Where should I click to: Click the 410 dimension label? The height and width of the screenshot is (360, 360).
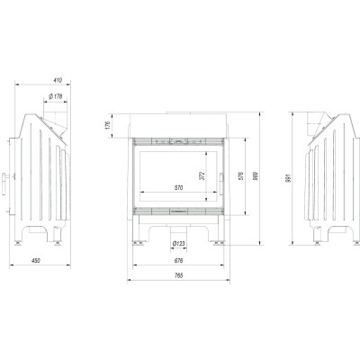[58, 80]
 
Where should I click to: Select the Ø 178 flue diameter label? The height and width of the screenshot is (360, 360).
[56, 96]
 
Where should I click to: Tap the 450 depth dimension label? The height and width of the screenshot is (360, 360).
[36, 261]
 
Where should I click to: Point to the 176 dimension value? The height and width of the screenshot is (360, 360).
[108, 125]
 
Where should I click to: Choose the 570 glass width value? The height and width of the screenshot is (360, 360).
[178, 188]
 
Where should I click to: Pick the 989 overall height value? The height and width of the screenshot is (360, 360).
[256, 175]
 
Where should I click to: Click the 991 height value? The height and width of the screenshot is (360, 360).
[289, 178]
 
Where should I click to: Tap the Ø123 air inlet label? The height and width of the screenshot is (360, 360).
[179, 244]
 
